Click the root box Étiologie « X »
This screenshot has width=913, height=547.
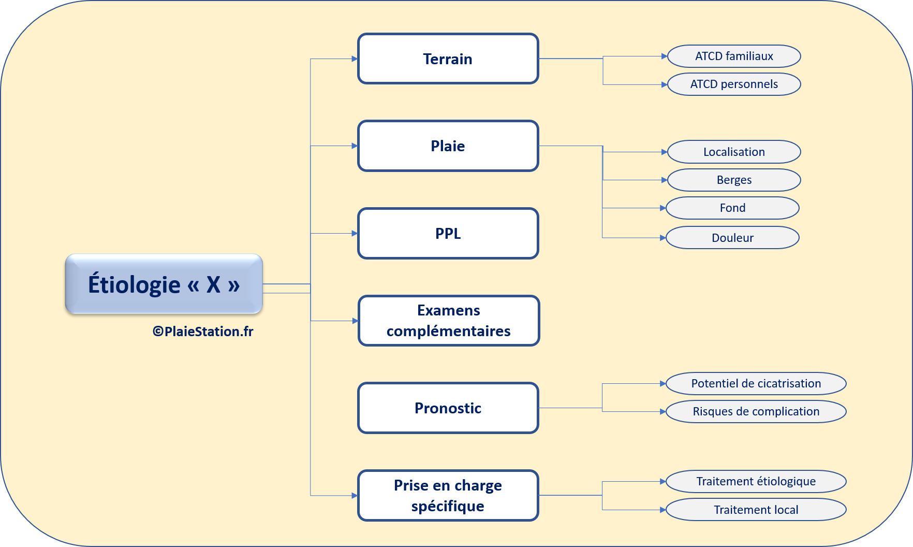pos(164,284)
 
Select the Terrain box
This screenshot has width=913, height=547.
pos(448,59)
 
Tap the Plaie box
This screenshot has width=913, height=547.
pos(448,146)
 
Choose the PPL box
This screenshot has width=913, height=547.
pos(448,234)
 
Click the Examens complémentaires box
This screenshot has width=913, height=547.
pos(449,321)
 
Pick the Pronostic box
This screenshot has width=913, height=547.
pos(448,408)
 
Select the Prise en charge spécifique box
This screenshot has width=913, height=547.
pos(448,496)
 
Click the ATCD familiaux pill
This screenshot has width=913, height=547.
pos(734,56)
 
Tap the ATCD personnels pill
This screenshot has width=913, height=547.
pos(734,84)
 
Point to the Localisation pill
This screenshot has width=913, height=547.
pos(734,152)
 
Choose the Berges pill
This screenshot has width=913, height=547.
pos(734,180)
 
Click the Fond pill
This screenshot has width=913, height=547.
pos(732,208)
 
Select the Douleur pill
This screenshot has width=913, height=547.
pos(732,238)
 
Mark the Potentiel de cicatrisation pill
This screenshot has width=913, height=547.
pos(756,383)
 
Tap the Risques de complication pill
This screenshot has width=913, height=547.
pos(756,411)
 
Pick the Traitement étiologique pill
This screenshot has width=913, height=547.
pos(756,481)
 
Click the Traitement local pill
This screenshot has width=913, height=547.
pos(756,510)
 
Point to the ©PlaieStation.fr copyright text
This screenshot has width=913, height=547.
pos(203,332)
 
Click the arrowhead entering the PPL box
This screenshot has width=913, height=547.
pos(355,234)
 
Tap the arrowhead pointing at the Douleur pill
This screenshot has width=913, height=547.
pos(663,238)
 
